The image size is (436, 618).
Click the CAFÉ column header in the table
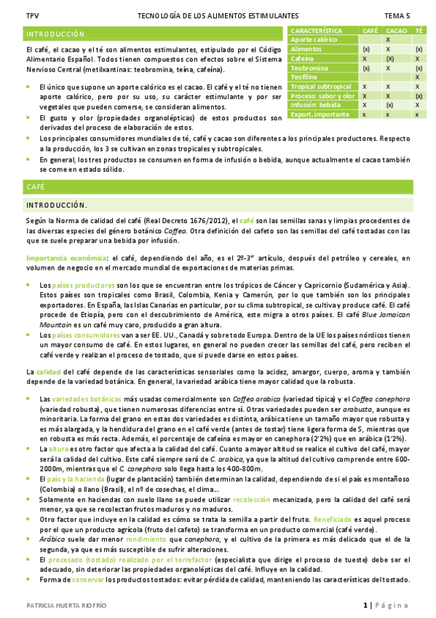point(370,30)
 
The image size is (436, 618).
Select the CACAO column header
point(396,30)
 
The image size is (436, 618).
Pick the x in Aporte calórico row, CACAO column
point(389,39)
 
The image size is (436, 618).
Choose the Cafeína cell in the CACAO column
point(390,58)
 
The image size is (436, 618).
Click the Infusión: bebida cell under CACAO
point(390,105)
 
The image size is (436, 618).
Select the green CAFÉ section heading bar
point(218,187)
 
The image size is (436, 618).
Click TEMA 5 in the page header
point(397,15)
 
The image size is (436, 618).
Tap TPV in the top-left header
point(32,15)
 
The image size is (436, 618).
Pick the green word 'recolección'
point(253,502)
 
